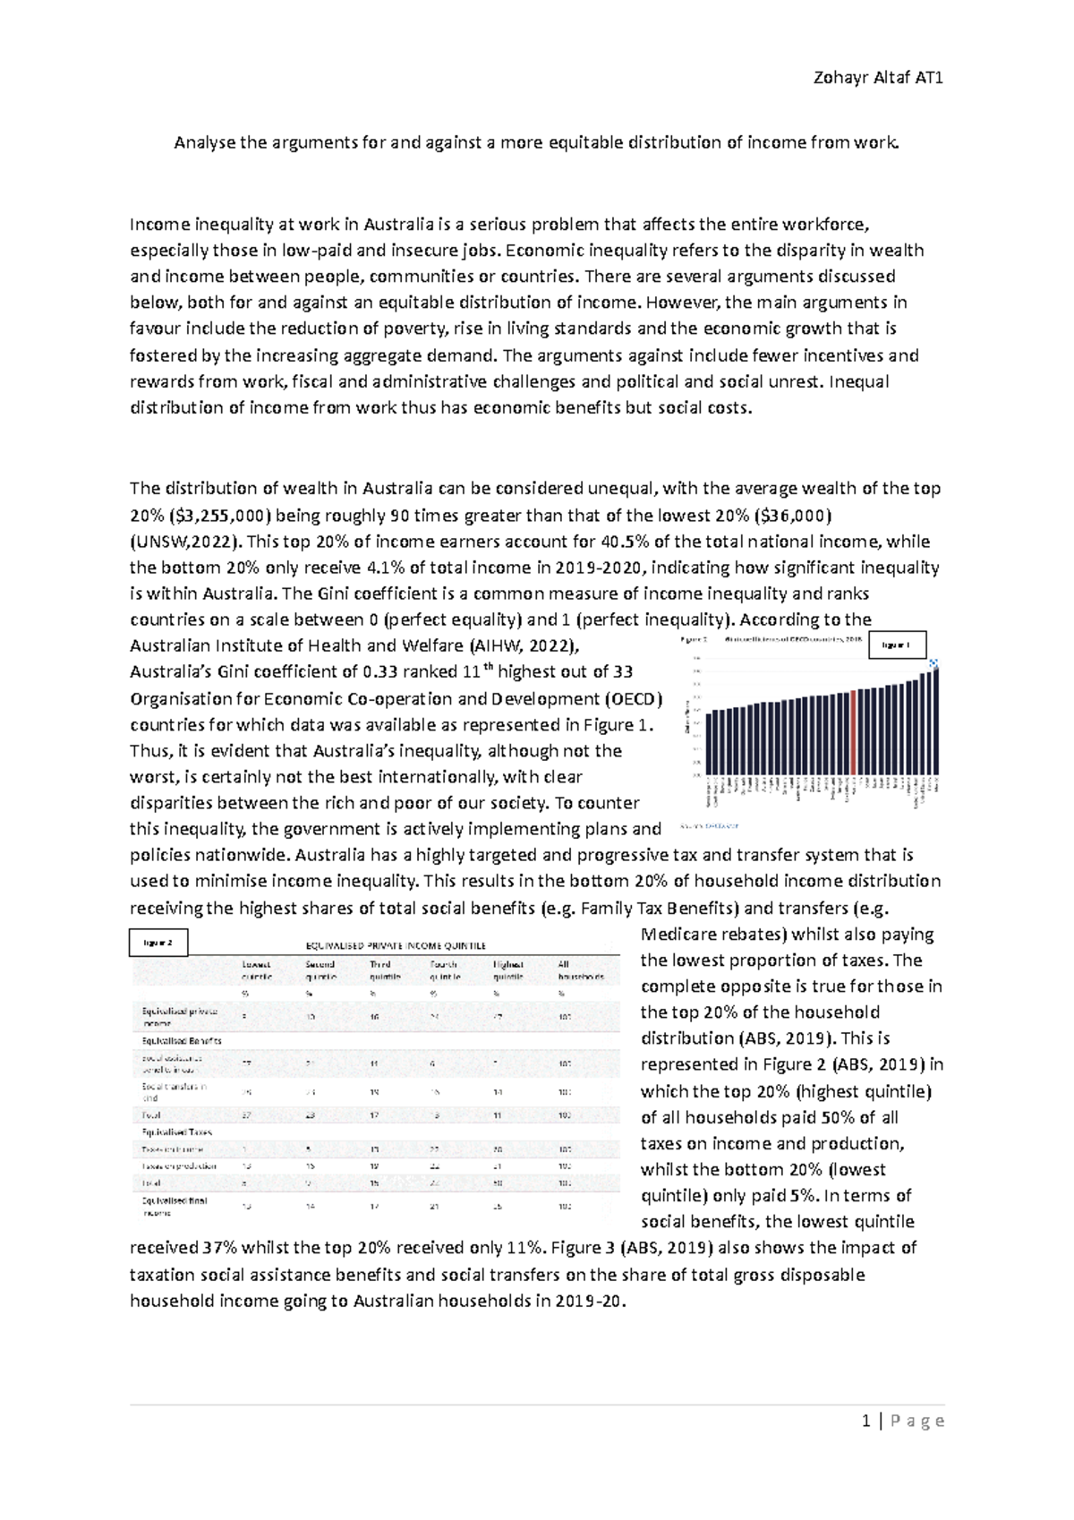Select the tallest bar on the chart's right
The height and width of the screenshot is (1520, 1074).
click(934, 721)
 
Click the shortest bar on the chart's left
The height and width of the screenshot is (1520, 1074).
click(710, 743)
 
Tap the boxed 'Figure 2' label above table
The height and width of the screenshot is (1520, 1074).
click(158, 943)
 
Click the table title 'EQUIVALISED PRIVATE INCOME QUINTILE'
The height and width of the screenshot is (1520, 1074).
click(396, 945)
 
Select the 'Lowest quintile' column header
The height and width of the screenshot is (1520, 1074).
click(256, 970)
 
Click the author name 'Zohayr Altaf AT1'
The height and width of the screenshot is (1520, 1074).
click(878, 78)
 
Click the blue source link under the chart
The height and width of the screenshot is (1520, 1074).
click(703, 825)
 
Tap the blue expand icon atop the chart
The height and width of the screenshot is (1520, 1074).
click(933, 663)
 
